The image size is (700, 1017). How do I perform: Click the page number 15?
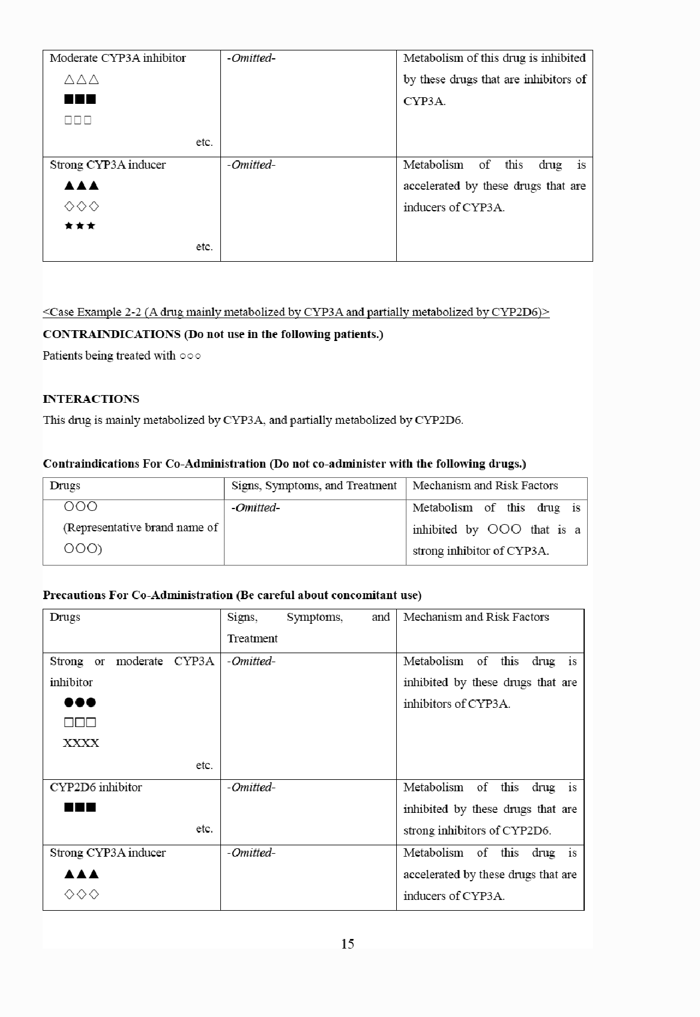(x=348, y=944)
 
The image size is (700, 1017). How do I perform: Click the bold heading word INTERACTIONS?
(x=91, y=399)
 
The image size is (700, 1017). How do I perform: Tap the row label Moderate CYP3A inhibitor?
(x=118, y=58)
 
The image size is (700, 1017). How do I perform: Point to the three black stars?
(x=80, y=226)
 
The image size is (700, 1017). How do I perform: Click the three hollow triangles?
(x=81, y=79)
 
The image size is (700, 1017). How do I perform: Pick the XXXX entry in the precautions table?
(x=81, y=743)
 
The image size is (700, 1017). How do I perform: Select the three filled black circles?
(x=80, y=702)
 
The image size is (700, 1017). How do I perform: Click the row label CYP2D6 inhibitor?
(x=96, y=788)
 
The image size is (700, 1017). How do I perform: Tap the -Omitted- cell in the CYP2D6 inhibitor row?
(x=251, y=788)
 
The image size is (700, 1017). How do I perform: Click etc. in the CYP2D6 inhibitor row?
(x=204, y=829)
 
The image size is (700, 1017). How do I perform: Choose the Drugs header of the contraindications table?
(x=65, y=486)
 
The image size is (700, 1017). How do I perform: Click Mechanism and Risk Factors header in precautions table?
(x=476, y=617)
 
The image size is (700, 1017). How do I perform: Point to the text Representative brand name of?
(x=140, y=528)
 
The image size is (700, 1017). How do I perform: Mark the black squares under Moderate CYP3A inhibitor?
(x=80, y=99)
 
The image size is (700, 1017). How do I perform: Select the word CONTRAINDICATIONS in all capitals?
(x=112, y=334)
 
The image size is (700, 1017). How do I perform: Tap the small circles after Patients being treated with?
(x=190, y=356)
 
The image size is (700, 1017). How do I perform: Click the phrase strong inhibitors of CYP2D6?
(x=477, y=831)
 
